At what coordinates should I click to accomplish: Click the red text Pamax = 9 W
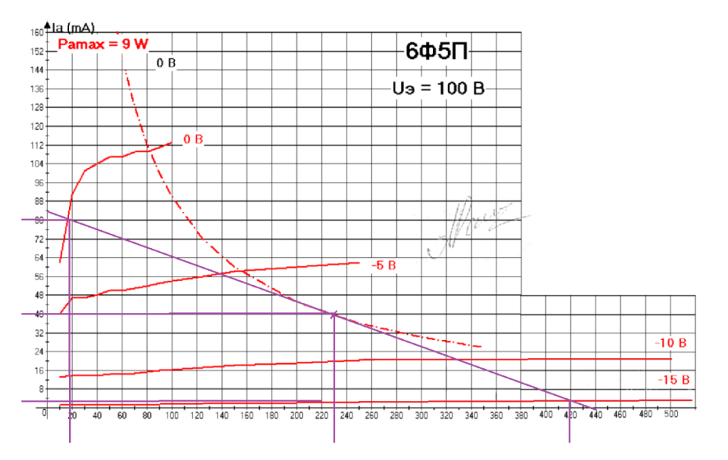coord(103,44)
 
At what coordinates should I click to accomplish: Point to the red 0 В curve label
coord(192,138)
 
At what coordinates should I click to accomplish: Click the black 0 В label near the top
coord(167,63)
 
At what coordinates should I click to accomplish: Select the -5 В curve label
coord(383,266)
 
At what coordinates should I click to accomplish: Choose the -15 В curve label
coord(673,380)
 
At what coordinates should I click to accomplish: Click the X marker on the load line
coord(334,314)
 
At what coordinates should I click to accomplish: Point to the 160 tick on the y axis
coord(36,33)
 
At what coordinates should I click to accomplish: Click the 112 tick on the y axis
coord(36,145)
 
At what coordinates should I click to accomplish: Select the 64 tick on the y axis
coord(38,258)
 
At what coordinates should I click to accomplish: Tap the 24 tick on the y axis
coord(38,352)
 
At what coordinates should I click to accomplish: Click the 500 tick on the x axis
coord(670,413)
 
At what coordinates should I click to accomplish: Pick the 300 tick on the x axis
coord(421,413)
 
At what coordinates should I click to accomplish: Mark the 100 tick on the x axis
coord(171,413)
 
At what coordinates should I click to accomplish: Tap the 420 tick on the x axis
coord(571,413)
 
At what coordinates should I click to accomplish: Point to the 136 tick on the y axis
coord(36,89)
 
